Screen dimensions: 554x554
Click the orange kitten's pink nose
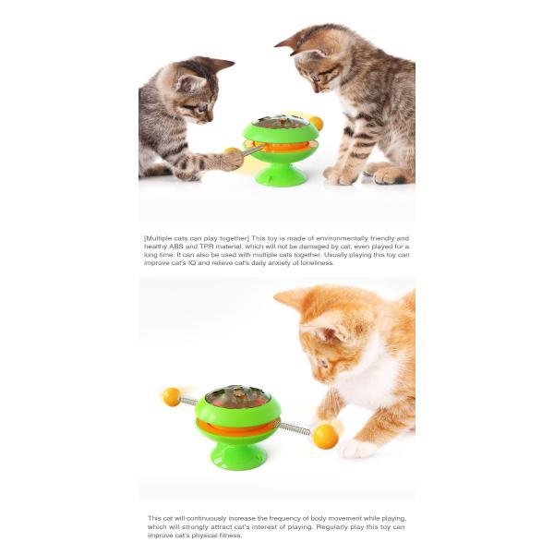pyautogui.click(x=316, y=378)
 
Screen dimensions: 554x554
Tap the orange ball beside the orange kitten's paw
pyautogui.click(x=325, y=437)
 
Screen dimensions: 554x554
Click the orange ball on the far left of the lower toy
pyautogui.click(x=172, y=396)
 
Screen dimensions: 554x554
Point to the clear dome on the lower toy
pyautogui.click(x=238, y=396)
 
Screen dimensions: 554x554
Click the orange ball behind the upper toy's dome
pyautogui.click(x=316, y=123)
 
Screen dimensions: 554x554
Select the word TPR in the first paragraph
pyautogui.click(x=206, y=247)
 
